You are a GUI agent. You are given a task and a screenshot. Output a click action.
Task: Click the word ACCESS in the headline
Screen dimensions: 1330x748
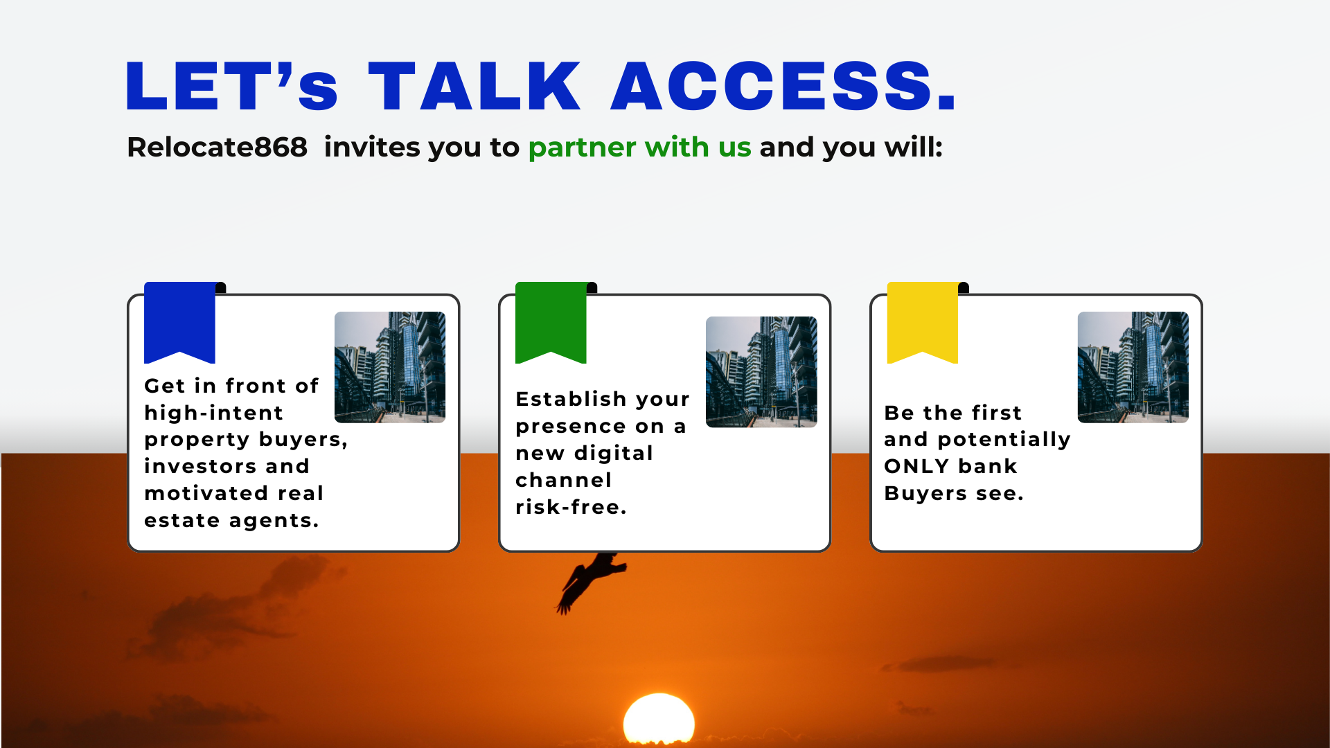click(x=783, y=86)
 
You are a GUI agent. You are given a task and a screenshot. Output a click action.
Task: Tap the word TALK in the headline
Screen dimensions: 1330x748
click(x=475, y=86)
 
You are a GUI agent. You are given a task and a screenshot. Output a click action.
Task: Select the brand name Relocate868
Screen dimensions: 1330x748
click(x=217, y=147)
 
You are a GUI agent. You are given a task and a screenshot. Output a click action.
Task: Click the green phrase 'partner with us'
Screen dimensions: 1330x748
click(x=639, y=148)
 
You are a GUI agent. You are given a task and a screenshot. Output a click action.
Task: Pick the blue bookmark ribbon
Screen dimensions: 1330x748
click(x=179, y=322)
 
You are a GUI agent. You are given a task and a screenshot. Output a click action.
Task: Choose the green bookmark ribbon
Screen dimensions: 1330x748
click(x=551, y=322)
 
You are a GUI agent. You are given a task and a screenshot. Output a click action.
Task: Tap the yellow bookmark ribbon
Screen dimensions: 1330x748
click(x=923, y=322)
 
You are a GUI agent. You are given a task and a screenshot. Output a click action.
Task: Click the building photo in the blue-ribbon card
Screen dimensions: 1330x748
click(x=390, y=367)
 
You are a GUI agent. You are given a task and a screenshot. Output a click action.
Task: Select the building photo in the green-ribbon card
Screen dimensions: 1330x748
click(x=761, y=372)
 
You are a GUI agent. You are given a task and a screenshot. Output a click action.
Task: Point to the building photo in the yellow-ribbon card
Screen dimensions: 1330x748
click(x=1133, y=367)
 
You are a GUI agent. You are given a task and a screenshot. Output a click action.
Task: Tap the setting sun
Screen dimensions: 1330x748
click(x=659, y=720)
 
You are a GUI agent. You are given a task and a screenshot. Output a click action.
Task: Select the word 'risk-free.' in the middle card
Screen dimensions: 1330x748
click(x=571, y=507)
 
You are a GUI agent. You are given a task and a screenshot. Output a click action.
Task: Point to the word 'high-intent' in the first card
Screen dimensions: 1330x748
click(x=213, y=413)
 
